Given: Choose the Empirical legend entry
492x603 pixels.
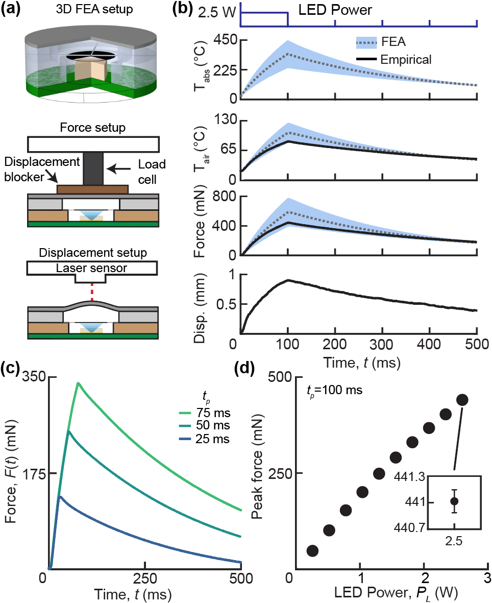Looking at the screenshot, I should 406,59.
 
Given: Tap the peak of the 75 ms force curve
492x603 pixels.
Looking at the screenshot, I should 78,382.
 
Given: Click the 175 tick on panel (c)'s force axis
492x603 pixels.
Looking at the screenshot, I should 34,473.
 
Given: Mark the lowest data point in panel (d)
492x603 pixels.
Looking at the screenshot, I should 312,550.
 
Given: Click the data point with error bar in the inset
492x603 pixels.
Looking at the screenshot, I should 454,501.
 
